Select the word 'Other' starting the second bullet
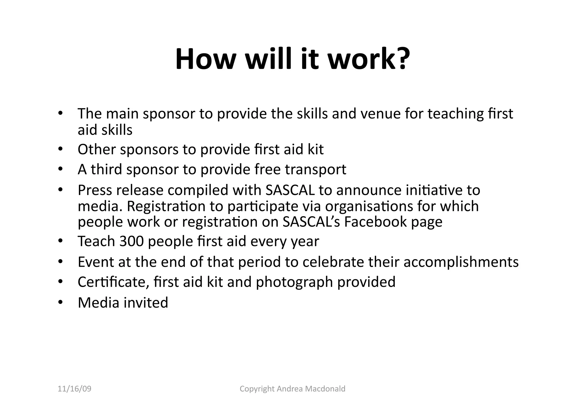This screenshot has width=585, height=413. (x=97, y=149)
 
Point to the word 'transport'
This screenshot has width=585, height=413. (x=316, y=169)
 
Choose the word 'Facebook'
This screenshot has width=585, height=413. (x=375, y=222)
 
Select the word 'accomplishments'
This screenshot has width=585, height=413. (x=461, y=262)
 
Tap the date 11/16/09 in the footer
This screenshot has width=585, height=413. (x=75, y=389)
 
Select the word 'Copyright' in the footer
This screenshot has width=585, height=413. (x=257, y=389)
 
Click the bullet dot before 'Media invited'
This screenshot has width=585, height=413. (x=60, y=302)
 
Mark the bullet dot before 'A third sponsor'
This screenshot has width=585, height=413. (x=60, y=169)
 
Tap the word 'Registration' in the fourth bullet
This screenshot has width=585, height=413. (x=166, y=206)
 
